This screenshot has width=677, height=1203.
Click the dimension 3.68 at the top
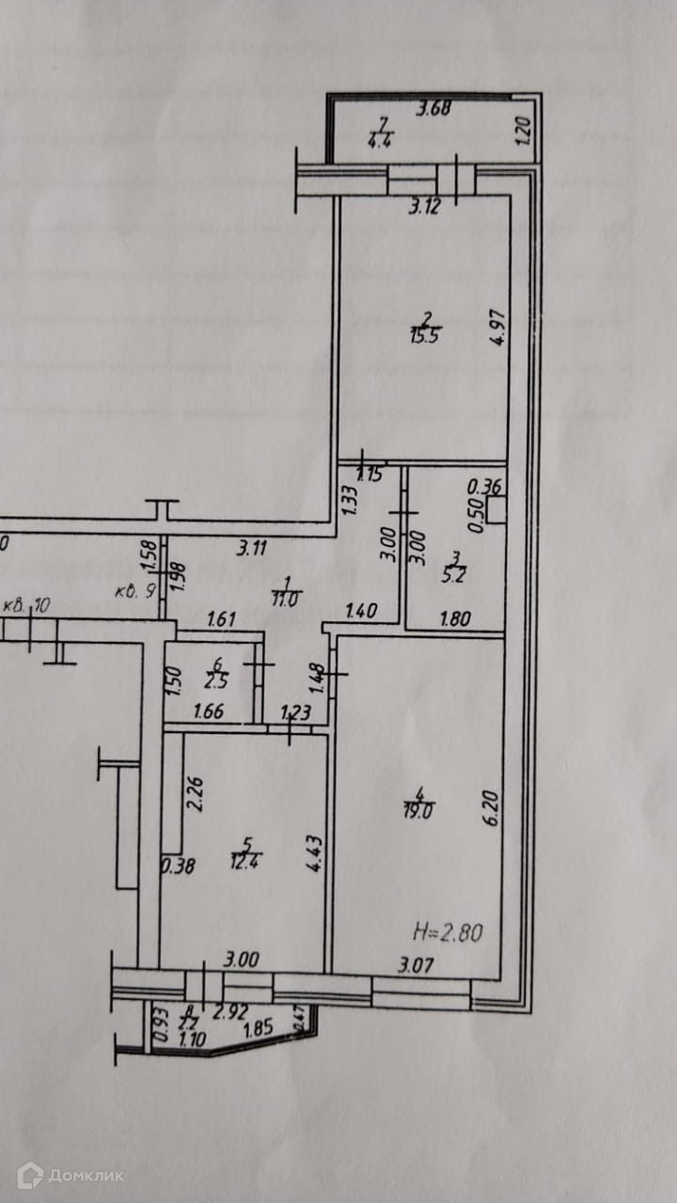(x=434, y=107)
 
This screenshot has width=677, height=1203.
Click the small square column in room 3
(x=496, y=508)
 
